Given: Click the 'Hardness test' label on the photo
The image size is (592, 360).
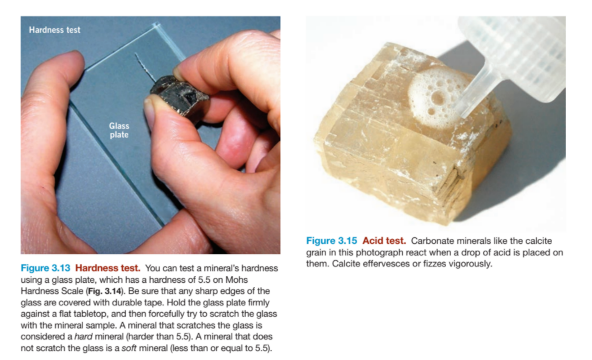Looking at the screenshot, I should coord(55,30).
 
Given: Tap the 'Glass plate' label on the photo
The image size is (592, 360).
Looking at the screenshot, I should coord(119,131).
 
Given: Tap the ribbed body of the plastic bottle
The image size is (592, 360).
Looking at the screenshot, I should coord(524,51).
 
